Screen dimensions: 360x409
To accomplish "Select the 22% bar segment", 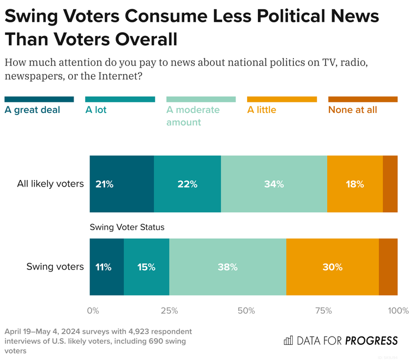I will (x=187, y=184).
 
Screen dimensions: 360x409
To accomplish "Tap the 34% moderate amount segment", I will (x=274, y=184).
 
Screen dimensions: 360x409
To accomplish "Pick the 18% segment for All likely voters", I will (x=354, y=184).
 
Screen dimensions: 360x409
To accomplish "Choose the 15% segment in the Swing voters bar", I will (x=146, y=267).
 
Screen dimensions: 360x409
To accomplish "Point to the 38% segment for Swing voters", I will (x=227, y=267).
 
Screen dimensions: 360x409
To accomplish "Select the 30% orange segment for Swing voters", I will (x=332, y=267).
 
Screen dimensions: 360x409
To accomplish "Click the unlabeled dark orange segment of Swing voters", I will (x=388, y=267).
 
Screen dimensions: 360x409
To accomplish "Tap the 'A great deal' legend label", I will (x=32, y=110).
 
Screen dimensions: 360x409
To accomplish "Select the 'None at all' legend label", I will (x=352, y=110).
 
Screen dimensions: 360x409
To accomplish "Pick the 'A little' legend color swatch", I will (x=281, y=99).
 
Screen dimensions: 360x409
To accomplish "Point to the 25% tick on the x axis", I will (x=169, y=310).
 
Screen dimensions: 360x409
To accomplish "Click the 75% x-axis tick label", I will (x=323, y=310).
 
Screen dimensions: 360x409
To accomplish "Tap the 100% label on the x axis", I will (x=398, y=310).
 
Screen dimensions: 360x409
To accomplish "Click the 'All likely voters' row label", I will (x=50, y=184).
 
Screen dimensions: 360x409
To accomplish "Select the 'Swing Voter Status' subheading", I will (x=127, y=227).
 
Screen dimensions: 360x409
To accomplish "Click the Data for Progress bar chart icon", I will (x=288, y=341).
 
